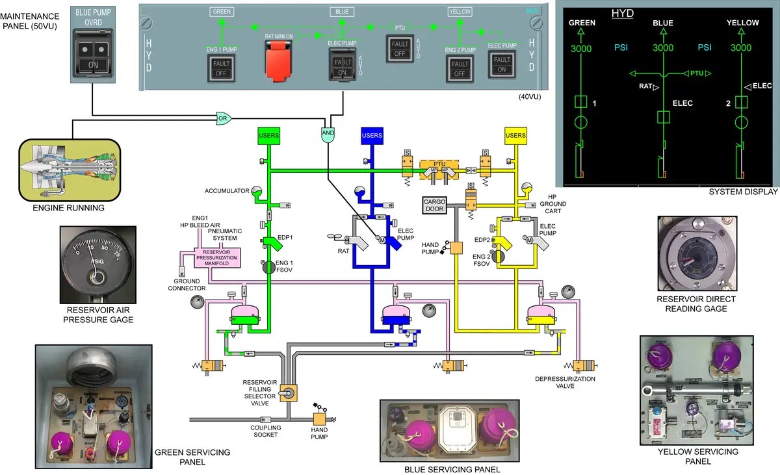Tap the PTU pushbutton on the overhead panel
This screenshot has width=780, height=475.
pos(399,48)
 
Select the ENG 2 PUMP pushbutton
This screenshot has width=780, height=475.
pos(460,68)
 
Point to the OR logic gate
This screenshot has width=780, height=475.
pos(223,118)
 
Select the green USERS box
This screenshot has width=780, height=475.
pos(268,135)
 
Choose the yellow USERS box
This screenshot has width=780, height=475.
pos(515,135)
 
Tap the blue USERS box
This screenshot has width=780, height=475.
pos(372,135)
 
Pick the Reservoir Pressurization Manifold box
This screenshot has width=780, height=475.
pos(222,257)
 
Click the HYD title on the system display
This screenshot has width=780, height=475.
pos(623,13)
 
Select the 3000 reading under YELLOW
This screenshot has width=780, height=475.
pos(740,47)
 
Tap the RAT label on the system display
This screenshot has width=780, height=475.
pos(645,86)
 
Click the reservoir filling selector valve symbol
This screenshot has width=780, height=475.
pos(286,391)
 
